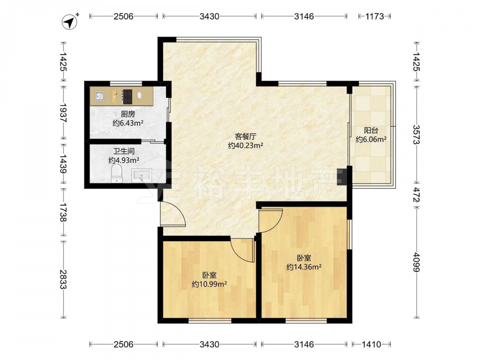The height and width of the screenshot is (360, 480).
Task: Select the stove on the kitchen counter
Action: click(127, 96)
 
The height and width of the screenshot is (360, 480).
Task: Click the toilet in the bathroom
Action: click(117, 173)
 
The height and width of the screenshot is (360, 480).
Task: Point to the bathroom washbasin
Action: click(142, 176)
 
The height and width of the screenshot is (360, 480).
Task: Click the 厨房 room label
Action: click(128, 115)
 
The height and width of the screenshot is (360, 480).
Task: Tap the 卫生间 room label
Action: click(124, 151)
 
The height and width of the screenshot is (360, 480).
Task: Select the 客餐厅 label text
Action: click(245, 136)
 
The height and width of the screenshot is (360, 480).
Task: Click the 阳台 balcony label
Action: click(371, 131)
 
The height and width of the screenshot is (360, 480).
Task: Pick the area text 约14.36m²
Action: click(304, 267)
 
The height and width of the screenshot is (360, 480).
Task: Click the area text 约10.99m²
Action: click(209, 284)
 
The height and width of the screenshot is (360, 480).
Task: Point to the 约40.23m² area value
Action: click(245, 146)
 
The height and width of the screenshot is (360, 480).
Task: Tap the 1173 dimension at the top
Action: click(374, 16)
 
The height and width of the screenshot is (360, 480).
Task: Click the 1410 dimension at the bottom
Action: click(372, 344)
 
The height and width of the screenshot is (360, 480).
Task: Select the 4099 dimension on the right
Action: click(416, 262)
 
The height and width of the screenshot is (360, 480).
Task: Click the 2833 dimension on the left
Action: click(63, 279)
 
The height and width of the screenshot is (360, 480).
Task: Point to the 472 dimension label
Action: click(416, 195)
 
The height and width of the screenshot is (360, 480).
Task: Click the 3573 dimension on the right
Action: click(416, 134)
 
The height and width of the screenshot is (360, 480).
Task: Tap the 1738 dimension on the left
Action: click(63, 212)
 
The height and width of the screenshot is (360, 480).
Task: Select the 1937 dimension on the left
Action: click(63, 113)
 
